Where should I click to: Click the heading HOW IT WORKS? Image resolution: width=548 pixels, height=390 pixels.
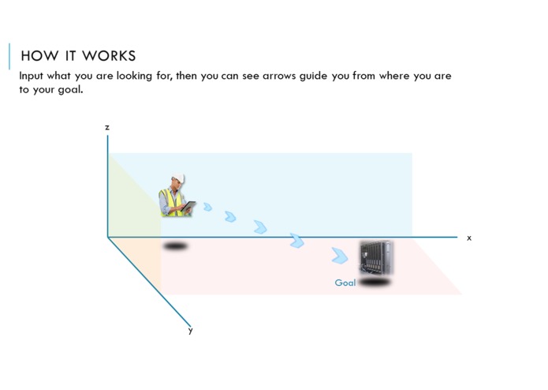(x=78, y=56)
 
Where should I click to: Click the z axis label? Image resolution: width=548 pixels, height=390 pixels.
(x=107, y=127)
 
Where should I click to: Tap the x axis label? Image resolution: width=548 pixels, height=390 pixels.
(x=469, y=238)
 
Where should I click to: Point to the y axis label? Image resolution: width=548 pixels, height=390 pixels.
(x=190, y=330)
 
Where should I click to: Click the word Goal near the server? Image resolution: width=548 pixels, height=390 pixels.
(x=345, y=283)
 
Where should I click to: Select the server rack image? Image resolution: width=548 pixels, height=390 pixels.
(x=376, y=257)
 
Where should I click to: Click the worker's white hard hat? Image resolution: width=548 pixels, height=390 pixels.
(x=178, y=178)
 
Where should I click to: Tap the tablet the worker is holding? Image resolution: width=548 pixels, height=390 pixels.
(x=189, y=206)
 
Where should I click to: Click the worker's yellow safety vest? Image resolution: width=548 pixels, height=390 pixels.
(x=170, y=201)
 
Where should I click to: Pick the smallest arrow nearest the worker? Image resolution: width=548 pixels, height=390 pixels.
(x=207, y=207)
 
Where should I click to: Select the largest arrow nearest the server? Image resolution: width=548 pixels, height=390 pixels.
(x=340, y=255)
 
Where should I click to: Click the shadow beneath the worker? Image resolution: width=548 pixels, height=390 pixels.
(x=176, y=246)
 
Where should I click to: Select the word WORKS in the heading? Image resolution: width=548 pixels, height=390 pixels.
(x=110, y=56)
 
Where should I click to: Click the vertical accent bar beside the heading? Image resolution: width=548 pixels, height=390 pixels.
(x=9, y=56)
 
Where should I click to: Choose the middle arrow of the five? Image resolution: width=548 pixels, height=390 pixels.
(x=260, y=227)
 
